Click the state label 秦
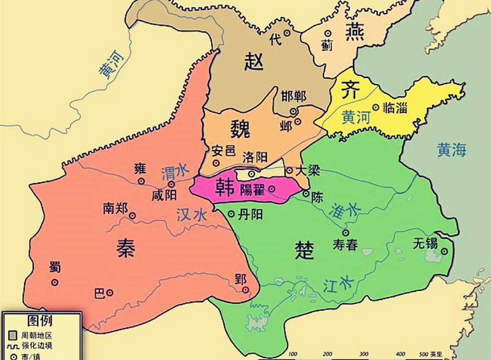(x=125, y=247)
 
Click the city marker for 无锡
(x=444, y=252)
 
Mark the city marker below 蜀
(x=55, y=282)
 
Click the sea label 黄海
(x=452, y=150)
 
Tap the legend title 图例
(x=40, y=321)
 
